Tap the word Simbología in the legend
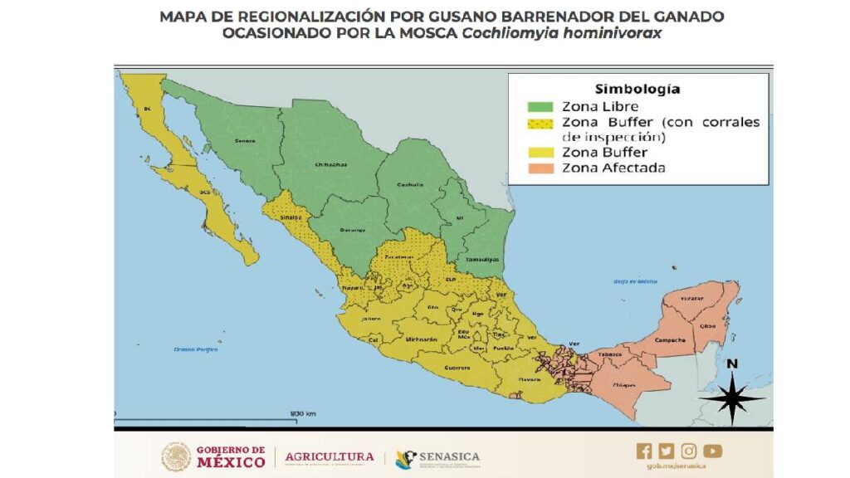pos(637,89)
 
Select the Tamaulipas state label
pos(482,260)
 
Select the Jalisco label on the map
pos(371,318)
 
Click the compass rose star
pos(731,398)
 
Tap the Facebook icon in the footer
pos(644,451)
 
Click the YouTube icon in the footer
pos(712,451)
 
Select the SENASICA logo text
pos(449,457)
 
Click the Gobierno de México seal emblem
pos(176,457)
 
